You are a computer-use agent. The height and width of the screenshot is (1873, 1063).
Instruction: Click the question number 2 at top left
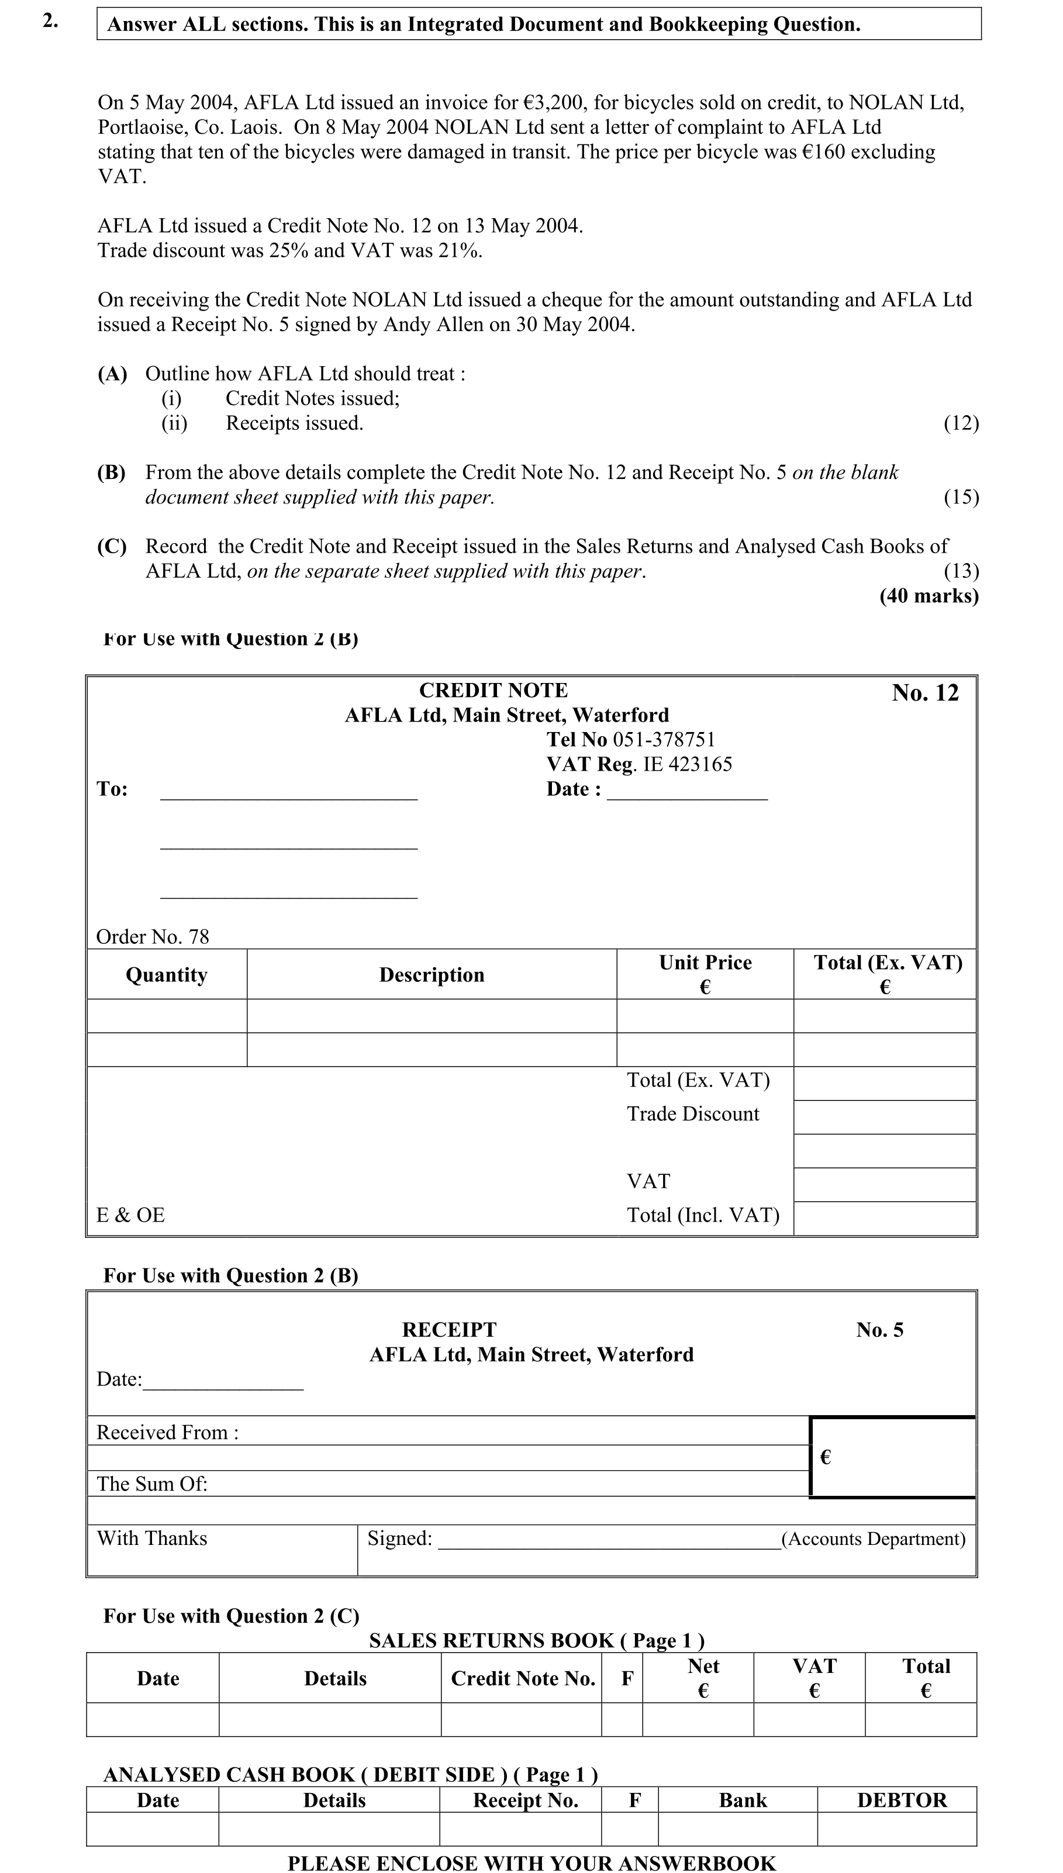[50, 21]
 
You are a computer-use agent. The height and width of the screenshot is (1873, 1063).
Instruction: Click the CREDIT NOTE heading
[493, 691]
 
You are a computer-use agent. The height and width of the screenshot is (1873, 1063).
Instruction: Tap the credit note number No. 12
[924, 693]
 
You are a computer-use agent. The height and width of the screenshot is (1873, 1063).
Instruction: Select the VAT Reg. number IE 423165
[687, 764]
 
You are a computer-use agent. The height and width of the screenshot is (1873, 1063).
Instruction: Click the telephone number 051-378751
[664, 739]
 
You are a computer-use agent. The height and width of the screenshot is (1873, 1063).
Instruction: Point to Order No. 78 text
[153, 937]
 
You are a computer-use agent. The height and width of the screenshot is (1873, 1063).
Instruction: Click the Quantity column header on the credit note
[167, 975]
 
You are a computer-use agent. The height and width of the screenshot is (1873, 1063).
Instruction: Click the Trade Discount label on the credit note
[693, 1114]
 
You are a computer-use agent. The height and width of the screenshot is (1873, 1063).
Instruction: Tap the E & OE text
[131, 1215]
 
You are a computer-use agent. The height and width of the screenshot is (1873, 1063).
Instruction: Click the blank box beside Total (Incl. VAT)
[884, 1218]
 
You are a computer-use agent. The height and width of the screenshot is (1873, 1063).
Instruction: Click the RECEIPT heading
[449, 1330]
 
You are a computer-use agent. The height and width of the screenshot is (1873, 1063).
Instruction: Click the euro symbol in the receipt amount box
[826, 1458]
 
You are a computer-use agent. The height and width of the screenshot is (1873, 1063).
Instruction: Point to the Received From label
[167, 1432]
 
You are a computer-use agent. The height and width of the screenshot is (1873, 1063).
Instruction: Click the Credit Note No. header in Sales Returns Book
[523, 1679]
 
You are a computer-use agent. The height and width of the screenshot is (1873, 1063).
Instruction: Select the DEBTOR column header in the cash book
[902, 1800]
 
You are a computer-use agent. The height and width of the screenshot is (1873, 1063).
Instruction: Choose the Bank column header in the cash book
[743, 1800]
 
